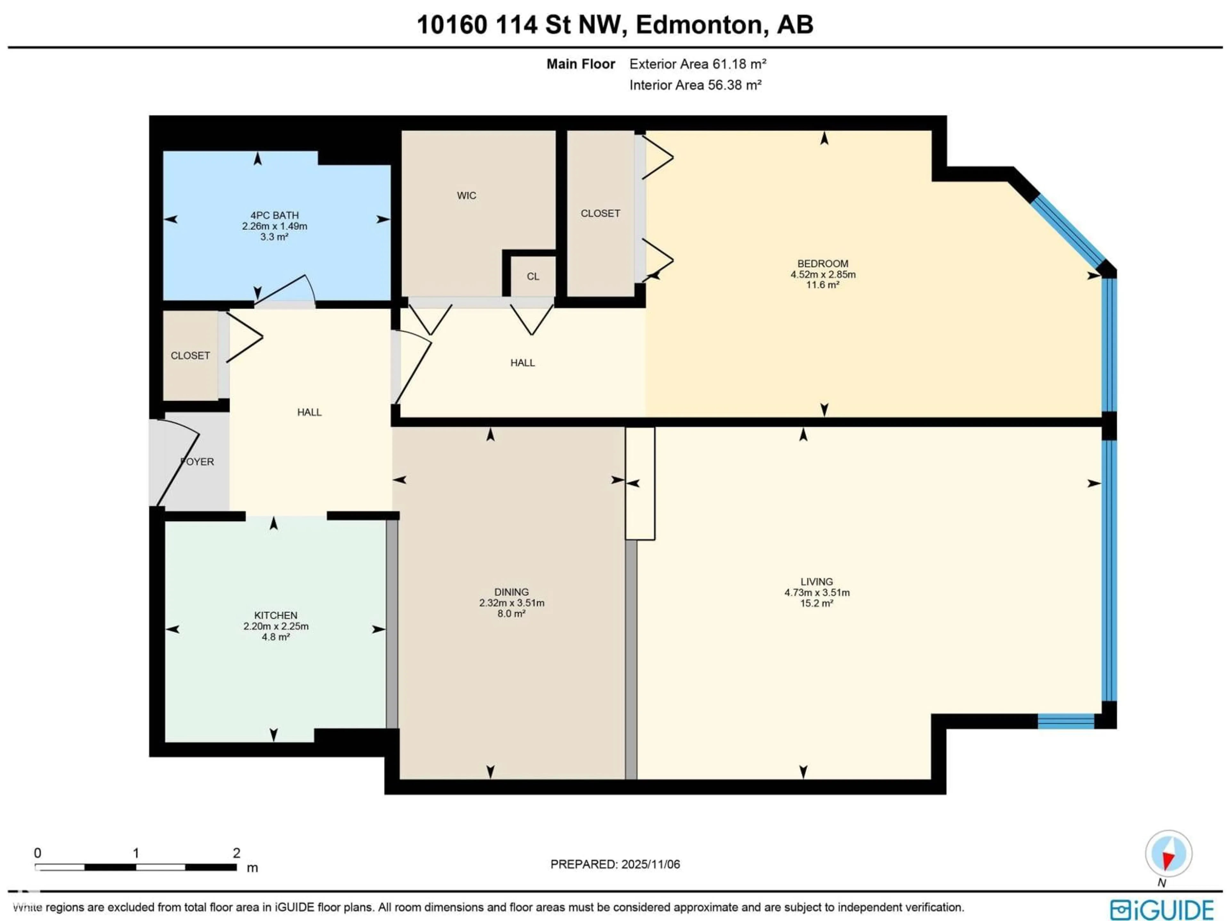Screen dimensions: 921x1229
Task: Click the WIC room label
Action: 466,195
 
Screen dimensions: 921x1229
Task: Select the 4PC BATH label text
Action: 275,216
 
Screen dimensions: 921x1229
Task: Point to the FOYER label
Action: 197,462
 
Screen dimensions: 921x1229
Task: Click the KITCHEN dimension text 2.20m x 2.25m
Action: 276,626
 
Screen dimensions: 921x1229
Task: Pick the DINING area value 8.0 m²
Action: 511,613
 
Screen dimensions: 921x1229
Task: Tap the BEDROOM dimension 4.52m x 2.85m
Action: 823,274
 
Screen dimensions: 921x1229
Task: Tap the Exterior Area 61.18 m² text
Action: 698,64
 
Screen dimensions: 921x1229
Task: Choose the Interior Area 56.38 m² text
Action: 695,85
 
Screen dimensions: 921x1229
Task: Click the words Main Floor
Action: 581,64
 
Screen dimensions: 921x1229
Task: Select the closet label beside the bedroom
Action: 600,213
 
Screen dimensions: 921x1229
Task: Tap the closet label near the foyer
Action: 190,355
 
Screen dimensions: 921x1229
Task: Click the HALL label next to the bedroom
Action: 522,363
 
